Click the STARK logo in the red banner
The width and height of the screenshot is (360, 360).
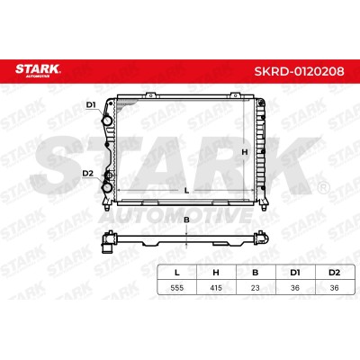(38, 70)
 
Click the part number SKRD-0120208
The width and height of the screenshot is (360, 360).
(299, 71)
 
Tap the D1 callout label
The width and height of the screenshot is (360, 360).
(91, 105)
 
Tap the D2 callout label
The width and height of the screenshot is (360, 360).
(88, 173)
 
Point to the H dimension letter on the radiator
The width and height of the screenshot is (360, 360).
(245, 152)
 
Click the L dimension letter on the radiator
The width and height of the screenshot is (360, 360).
(186, 190)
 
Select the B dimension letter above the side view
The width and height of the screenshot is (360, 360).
(186, 220)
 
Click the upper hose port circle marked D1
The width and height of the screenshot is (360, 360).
(107, 121)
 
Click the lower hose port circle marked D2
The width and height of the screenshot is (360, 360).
(107, 187)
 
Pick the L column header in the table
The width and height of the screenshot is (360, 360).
(177, 273)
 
